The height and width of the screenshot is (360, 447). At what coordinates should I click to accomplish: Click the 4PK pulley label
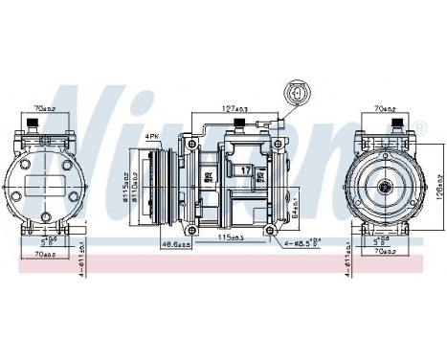(151, 138)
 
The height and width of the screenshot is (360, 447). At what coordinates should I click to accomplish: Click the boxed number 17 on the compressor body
(245, 170)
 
